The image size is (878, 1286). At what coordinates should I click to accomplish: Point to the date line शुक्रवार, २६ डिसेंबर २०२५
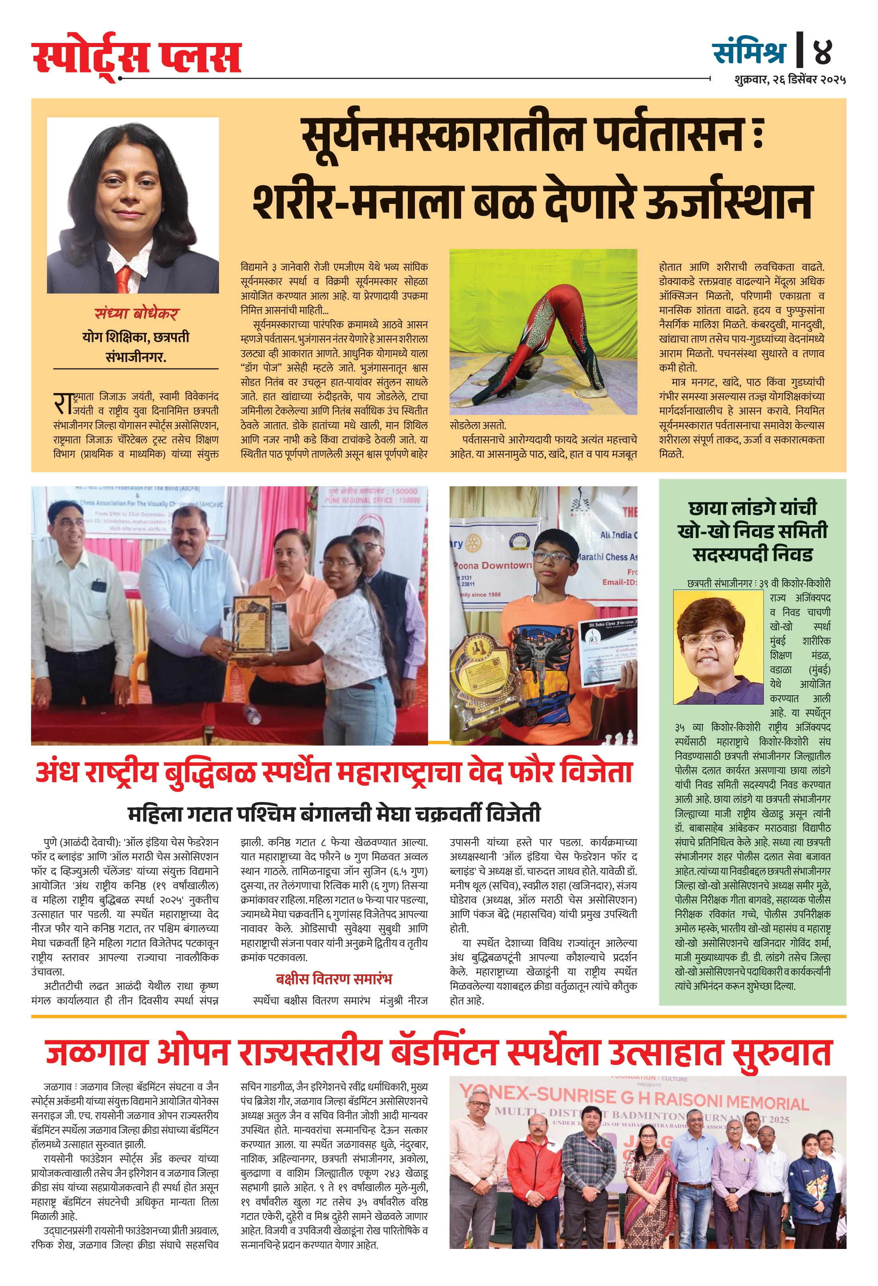click(x=790, y=80)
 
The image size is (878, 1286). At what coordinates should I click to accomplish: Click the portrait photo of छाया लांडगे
click(x=718, y=646)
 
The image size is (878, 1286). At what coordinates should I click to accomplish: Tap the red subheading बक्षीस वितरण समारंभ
click(x=334, y=979)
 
